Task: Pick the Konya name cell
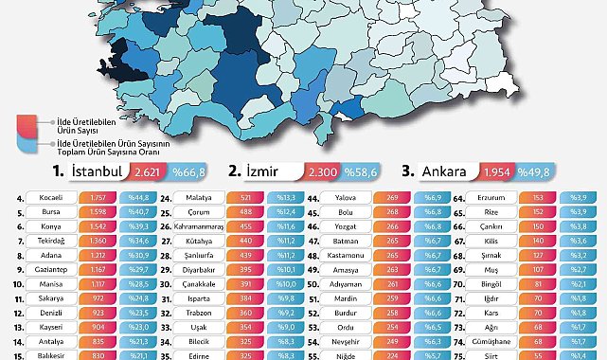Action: point(52,228)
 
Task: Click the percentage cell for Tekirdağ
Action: point(137,243)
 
